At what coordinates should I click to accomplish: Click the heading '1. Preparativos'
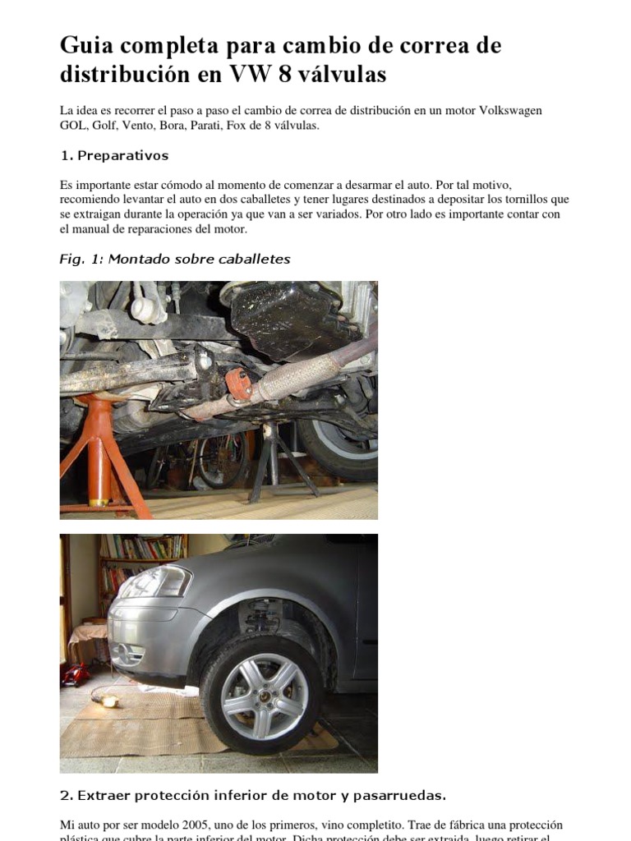point(114,155)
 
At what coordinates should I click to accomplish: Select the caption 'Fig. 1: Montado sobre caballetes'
point(175,259)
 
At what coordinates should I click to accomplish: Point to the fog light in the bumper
point(130,655)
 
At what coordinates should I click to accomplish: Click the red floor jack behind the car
point(76,675)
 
